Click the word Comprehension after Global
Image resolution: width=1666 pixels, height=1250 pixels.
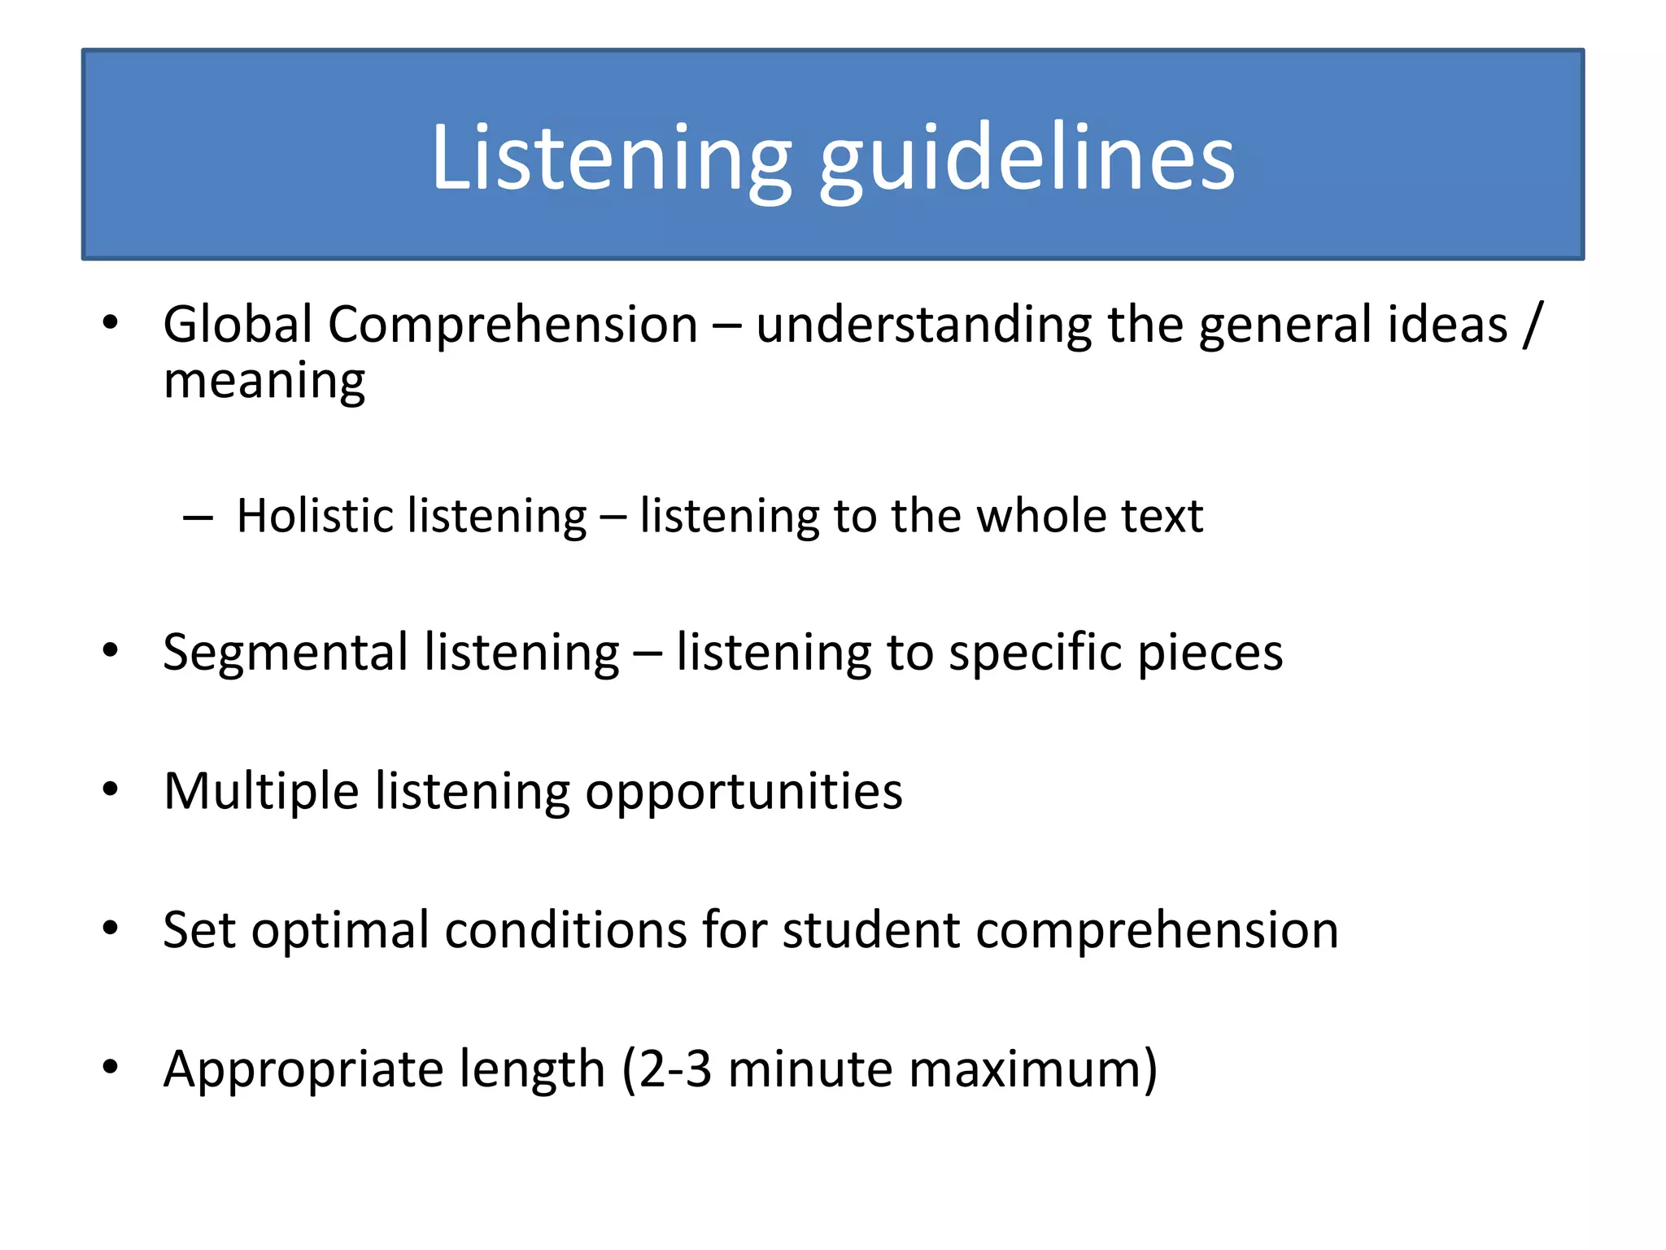[512, 325]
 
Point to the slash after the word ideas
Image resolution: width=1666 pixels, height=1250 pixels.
[1533, 325]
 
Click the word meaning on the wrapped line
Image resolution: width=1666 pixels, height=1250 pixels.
[264, 381]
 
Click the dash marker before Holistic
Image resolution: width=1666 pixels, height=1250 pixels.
[198, 517]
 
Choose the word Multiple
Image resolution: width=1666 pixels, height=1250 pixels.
[261, 790]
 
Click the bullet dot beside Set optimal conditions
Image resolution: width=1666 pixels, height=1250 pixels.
[111, 927]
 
